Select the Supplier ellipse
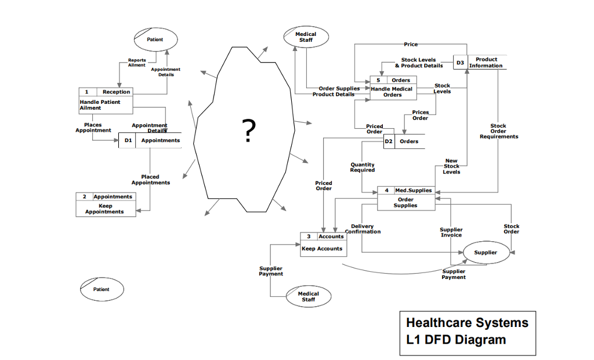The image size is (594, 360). coord(485,253)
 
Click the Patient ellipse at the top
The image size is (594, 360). coord(155,39)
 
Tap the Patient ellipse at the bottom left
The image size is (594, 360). coord(102,289)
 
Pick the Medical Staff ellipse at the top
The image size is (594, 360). coord(306,37)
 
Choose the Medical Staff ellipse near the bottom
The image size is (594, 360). coord(308,296)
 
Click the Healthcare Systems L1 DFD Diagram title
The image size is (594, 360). coord(468,331)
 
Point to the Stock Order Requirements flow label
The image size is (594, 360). coord(498,131)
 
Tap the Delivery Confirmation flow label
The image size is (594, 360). coord(363,229)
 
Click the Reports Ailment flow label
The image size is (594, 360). coord(137,63)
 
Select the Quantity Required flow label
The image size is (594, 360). coord(363,168)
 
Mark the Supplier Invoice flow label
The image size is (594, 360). coord(451,232)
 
